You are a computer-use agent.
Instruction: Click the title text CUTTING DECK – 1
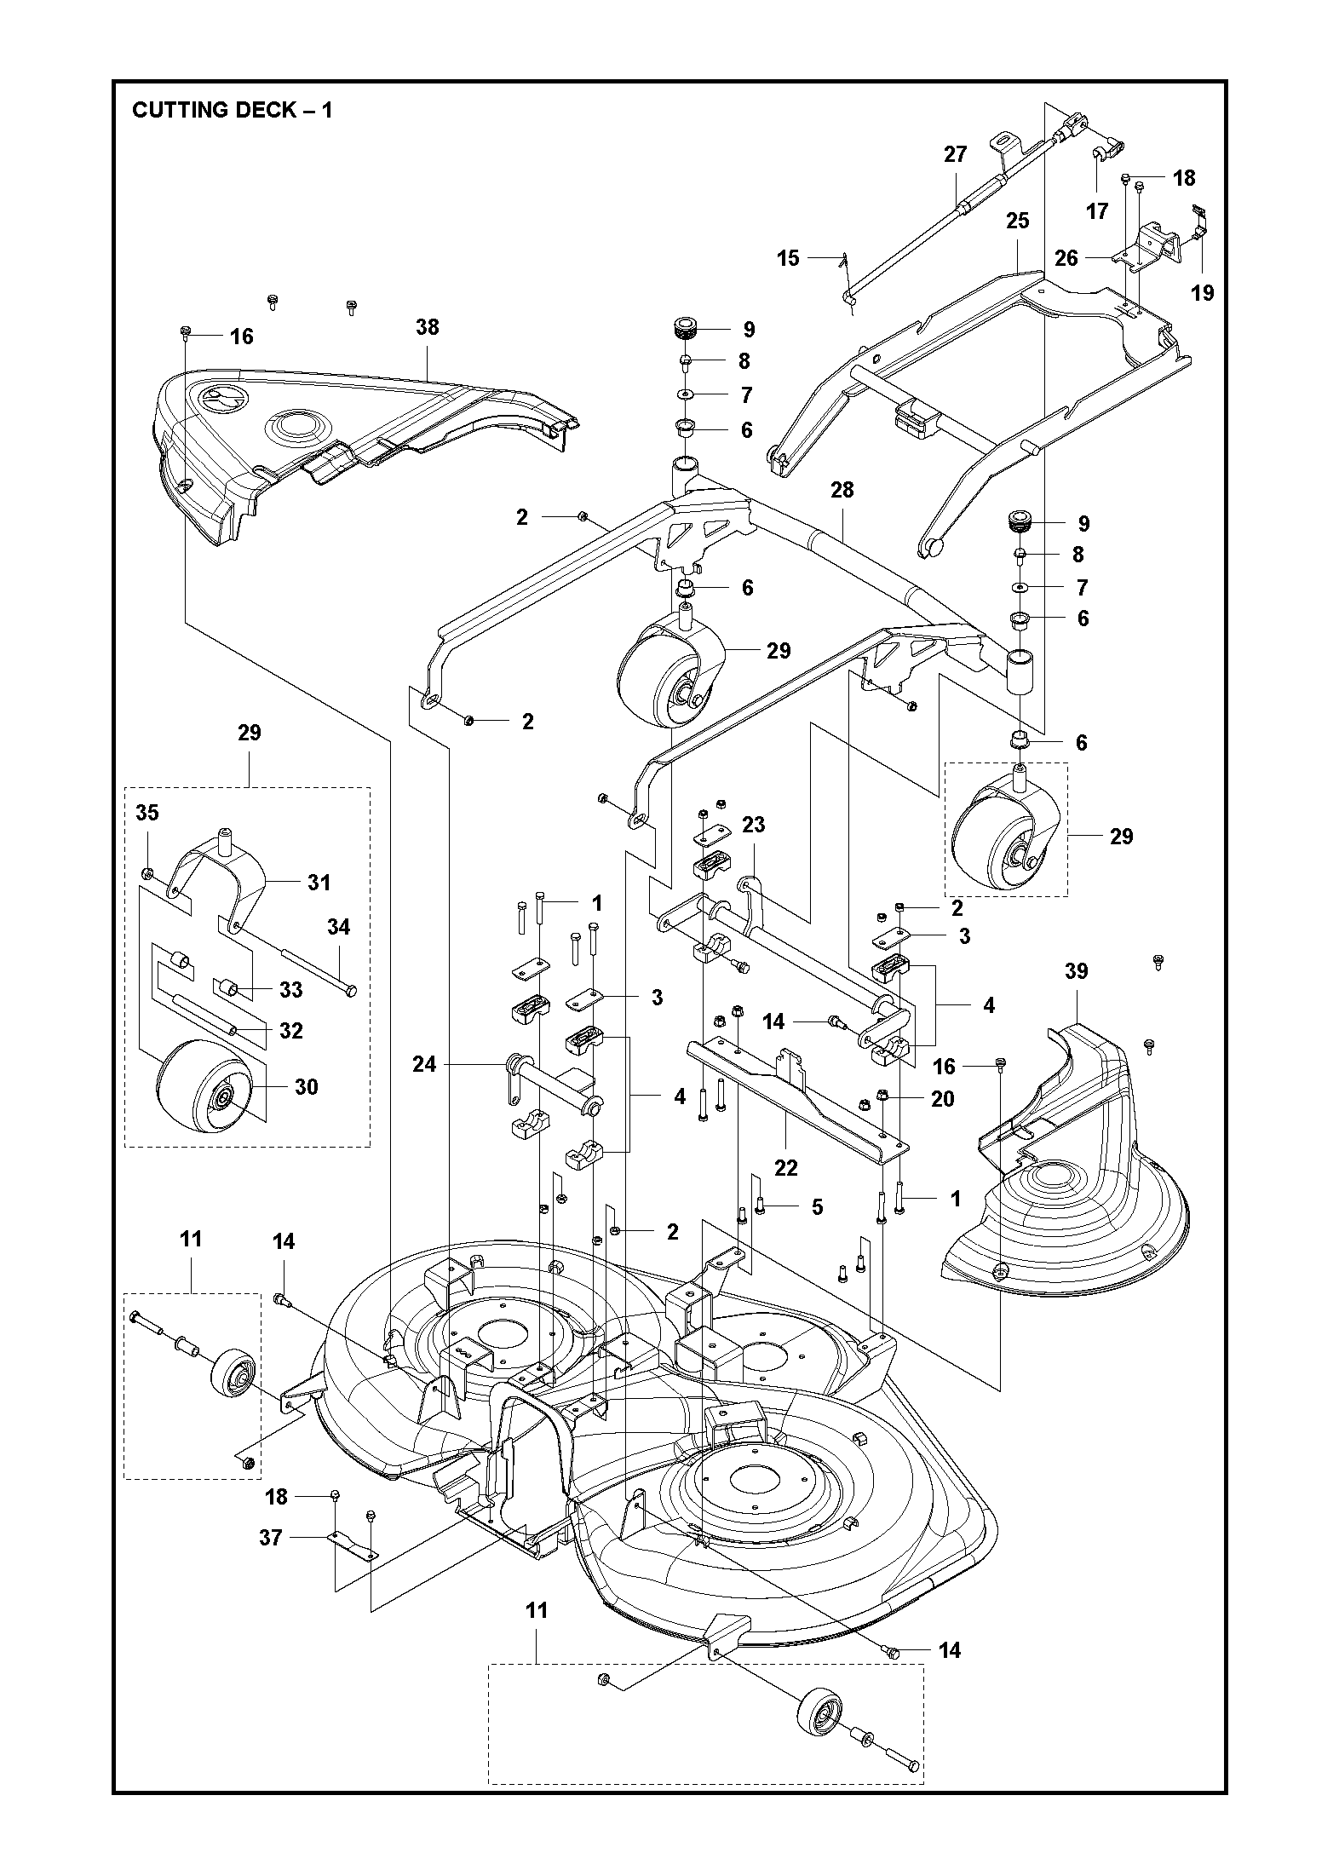[232, 111]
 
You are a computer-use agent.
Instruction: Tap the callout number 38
[428, 327]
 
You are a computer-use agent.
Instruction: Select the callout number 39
[1077, 972]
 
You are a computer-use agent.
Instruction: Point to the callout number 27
[956, 154]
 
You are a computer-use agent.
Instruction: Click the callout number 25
[1018, 222]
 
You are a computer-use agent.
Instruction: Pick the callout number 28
[842, 490]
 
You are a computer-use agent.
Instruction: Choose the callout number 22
[785, 1168]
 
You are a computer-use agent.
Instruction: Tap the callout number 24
[424, 1064]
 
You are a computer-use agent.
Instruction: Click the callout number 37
[271, 1538]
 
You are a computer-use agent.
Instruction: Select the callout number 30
[306, 1087]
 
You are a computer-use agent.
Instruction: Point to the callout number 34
[339, 927]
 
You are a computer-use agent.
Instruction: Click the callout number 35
[147, 813]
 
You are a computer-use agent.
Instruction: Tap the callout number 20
[943, 1099]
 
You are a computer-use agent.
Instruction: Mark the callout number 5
[817, 1207]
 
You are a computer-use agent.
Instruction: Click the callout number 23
[754, 825]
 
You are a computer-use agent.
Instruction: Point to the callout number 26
[1066, 258]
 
